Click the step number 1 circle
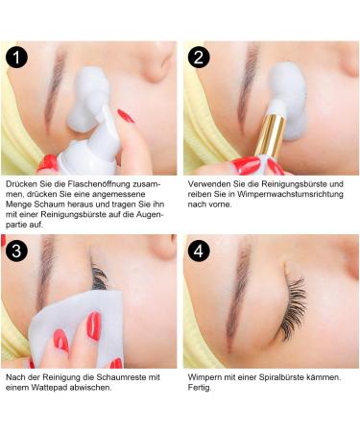pos(17,57)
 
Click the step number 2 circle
pos(199,57)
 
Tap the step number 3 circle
pos(17,251)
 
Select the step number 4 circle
pos(199,251)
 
